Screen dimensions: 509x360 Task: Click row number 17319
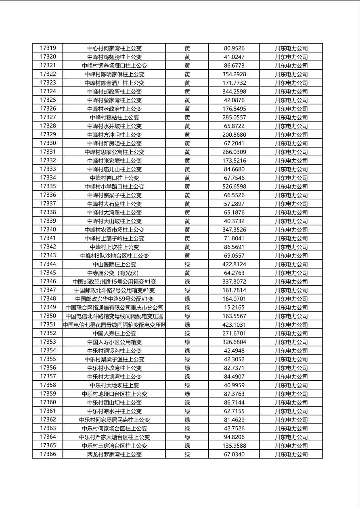(x=48, y=48)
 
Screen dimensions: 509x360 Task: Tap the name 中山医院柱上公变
(x=114, y=265)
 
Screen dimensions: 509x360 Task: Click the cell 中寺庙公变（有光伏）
(x=114, y=273)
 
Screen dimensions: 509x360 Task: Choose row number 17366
(x=48, y=454)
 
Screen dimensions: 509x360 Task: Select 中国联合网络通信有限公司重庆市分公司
(x=114, y=308)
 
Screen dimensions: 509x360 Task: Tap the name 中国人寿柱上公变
(x=114, y=334)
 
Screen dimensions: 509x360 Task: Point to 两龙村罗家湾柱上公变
(x=114, y=455)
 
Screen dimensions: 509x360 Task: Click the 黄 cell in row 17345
(x=187, y=273)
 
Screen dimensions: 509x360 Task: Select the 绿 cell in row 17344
(x=187, y=265)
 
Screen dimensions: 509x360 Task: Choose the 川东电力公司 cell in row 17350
(x=291, y=316)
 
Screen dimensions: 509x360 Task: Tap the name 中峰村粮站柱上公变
(x=114, y=117)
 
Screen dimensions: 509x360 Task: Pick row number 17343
(x=48, y=255)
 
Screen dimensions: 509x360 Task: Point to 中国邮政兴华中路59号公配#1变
(x=114, y=299)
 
